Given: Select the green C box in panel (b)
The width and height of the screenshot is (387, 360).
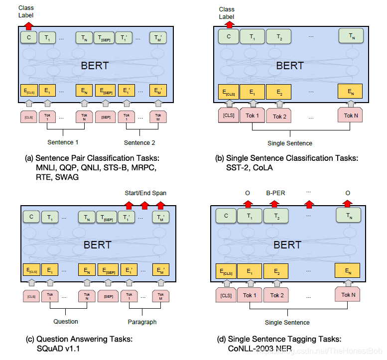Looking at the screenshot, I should (228, 36).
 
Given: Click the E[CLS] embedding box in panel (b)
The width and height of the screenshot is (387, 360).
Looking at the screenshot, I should (228, 92).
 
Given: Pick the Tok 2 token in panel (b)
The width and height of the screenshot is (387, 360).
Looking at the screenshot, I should (279, 116).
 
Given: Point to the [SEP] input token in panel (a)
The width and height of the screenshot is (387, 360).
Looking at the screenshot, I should (105, 117).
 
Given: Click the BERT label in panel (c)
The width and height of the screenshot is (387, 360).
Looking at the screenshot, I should (98, 244).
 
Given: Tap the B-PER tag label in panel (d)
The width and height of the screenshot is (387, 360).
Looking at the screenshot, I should (275, 193).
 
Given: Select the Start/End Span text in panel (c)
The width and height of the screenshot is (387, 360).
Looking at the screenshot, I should (145, 193).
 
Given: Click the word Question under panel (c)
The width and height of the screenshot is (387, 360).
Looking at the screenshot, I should (65, 321).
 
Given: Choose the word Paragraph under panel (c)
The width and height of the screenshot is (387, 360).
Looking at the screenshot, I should (142, 322).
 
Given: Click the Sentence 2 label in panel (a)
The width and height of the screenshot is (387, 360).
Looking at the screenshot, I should (139, 142).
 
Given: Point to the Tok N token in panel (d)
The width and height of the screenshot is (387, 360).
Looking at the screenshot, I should (349, 295).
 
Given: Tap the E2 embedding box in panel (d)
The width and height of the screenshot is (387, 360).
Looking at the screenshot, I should (276, 271).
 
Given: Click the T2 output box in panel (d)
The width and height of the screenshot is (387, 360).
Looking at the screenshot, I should (276, 216).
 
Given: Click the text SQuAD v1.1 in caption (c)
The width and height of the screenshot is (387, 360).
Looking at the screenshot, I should (57, 349).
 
